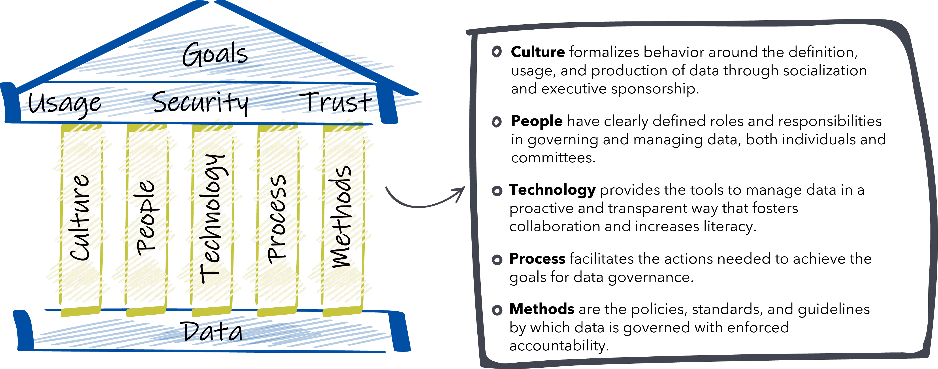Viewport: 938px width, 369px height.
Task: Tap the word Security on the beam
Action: coord(200,101)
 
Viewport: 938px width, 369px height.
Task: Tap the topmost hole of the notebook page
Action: coord(496,51)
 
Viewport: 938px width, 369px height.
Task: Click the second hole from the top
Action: coord(497,122)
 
